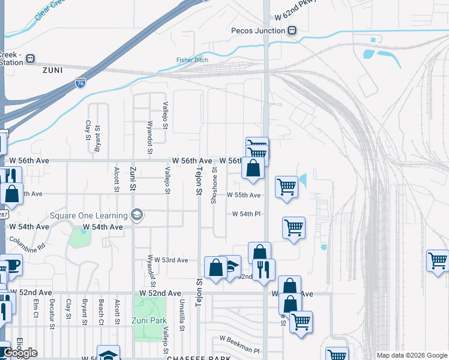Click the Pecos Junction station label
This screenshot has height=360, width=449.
click(x=258, y=31)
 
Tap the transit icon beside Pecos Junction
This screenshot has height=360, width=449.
click(x=292, y=31)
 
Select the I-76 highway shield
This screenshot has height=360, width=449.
click(x=80, y=82)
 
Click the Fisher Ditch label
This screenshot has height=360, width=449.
click(x=192, y=60)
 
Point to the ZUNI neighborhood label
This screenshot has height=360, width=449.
click(x=52, y=70)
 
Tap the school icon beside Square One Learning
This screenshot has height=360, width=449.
click(x=137, y=215)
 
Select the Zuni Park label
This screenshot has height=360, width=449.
click(x=149, y=320)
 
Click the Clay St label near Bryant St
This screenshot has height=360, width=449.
click(x=88, y=130)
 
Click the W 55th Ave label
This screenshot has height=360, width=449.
click(x=244, y=195)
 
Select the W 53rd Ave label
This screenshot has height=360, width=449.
click(x=171, y=260)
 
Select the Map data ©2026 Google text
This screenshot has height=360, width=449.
click(x=411, y=355)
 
